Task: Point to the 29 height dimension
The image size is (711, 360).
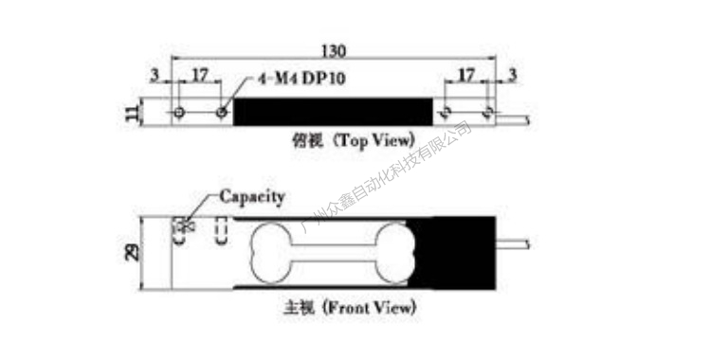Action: pos(132,252)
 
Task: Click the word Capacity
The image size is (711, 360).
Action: pos(252,196)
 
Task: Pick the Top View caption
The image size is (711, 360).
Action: pos(355,139)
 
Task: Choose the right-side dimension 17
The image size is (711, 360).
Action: pos(466,74)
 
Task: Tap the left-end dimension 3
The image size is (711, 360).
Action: pos(155,74)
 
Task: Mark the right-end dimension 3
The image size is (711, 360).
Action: pos(513,74)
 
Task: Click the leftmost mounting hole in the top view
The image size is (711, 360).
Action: pos(179,113)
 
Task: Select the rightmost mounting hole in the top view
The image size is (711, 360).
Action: pos(488,113)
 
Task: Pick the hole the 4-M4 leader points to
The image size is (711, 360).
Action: pos(222,113)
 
